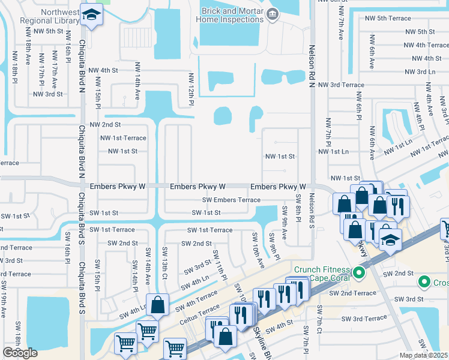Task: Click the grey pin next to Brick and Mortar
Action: [273, 14]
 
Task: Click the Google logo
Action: [20, 353]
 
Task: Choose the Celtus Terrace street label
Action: [201, 309]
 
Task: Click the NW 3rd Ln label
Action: [420, 71]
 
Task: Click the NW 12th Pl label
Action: [191, 90]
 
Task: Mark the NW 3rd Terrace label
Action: [342, 85]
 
